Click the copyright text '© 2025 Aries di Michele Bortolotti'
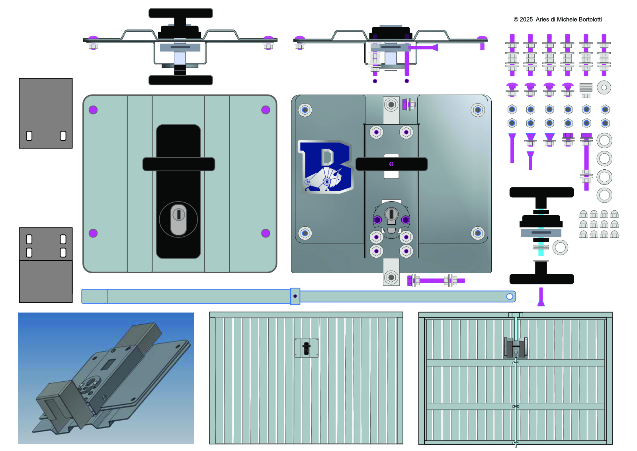coord(557,19)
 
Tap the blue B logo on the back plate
coord(326,167)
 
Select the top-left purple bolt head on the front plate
coord(93,110)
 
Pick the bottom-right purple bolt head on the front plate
coord(266,233)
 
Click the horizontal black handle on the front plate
coord(179,164)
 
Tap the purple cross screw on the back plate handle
coord(391,164)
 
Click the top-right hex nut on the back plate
coord(478,110)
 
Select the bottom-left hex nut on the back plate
coord(305,233)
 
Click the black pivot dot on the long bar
coord(295,296)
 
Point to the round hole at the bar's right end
coord(510,296)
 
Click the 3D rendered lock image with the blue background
coord(106,378)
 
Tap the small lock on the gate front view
coord(307,348)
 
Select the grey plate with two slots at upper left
coord(46,113)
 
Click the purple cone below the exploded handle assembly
coord(541,298)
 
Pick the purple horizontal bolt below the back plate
coord(436,280)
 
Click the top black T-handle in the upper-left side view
coord(180,14)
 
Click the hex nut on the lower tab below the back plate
coord(391,277)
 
